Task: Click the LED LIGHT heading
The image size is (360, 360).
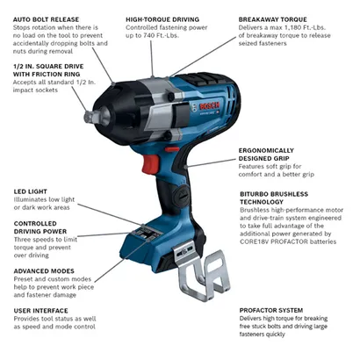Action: tap(32, 191)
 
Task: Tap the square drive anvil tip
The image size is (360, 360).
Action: tap(90, 115)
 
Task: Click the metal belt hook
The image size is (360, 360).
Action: tap(210, 280)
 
